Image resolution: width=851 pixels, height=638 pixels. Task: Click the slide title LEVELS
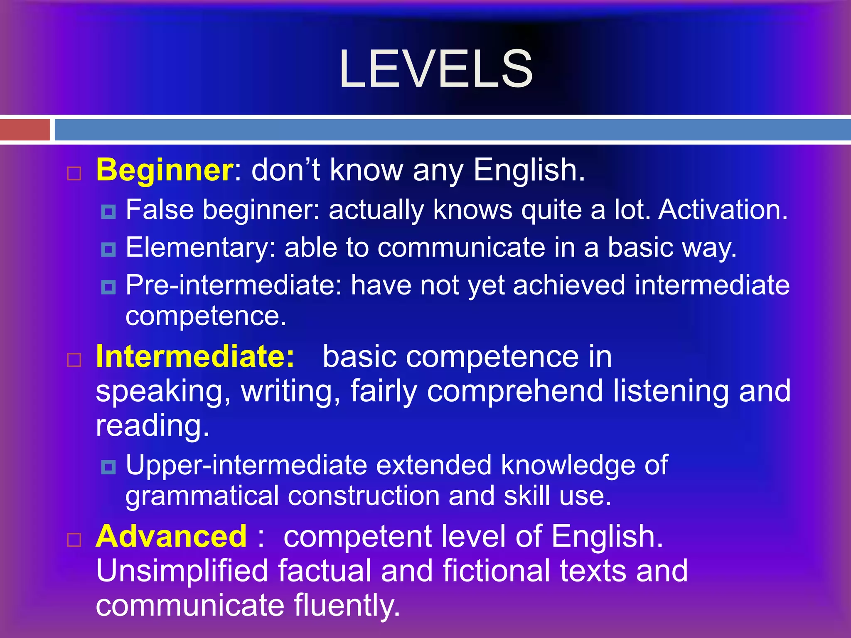pos(435,69)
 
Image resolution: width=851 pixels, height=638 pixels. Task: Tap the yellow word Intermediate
pos(195,356)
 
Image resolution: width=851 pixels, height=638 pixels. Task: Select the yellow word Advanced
pos(171,536)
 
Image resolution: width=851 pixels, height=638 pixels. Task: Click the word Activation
pos(723,209)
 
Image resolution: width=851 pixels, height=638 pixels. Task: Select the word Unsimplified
pos(182,571)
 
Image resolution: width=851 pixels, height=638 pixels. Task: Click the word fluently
pos(347,605)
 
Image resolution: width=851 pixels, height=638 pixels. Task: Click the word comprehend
pos(515,391)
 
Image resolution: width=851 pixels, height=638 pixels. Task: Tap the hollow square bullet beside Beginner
pos(74,173)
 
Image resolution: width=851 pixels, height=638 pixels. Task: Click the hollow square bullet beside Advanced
pos(74,540)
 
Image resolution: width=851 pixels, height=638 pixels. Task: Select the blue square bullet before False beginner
pos(108,212)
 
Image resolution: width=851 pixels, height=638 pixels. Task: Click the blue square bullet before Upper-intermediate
pos(108,467)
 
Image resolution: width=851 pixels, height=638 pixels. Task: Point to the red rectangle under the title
pos(25,130)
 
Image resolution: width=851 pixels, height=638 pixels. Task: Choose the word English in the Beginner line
pos(529,170)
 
